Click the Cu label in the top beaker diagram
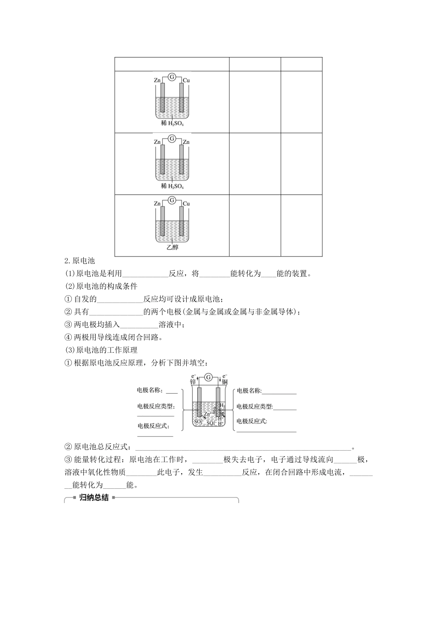click(186, 80)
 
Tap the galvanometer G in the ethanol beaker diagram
click(172, 200)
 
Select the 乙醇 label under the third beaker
click(172, 247)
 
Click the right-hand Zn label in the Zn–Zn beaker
click(186, 142)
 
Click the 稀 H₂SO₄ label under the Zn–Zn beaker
click(172, 186)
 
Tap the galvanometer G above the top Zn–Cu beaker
click(172, 77)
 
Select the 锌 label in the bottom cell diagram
click(193, 382)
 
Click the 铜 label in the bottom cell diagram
click(224, 382)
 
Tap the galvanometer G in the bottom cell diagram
click(208, 377)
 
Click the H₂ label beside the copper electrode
click(222, 405)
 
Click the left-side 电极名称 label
click(150, 390)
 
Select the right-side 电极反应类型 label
click(254, 406)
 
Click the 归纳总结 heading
click(94, 498)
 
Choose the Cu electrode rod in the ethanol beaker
click(182, 223)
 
